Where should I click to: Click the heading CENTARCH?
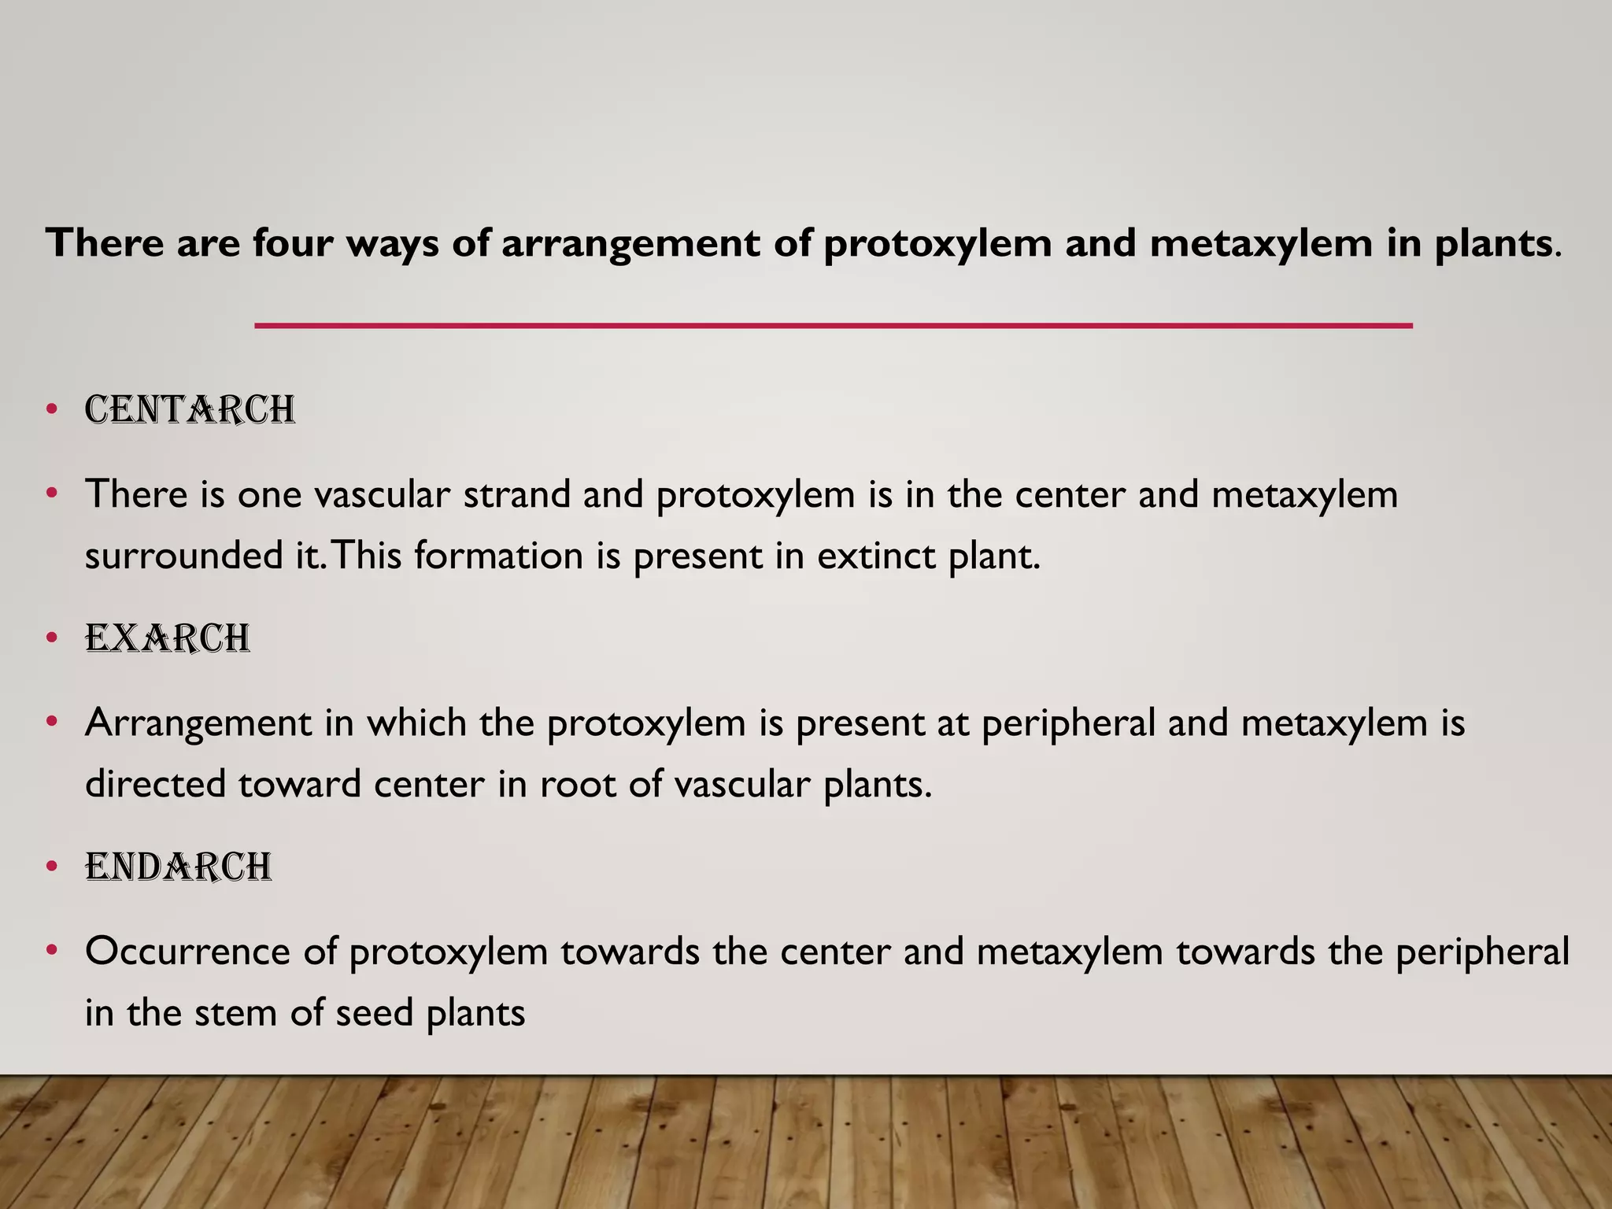coord(190,410)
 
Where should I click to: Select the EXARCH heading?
coord(168,638)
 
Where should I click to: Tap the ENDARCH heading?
coord(179,867)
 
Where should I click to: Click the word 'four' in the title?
coord(292,242)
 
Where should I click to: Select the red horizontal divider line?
coord(834,325)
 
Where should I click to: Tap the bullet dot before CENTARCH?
coord(52,409)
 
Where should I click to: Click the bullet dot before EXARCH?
coord(52,638)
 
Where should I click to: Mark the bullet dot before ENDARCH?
coord(52,866)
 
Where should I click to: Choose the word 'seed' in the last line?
coord(374,1013)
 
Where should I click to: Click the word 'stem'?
coord(235,1013)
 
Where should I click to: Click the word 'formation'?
coord(498,556)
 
